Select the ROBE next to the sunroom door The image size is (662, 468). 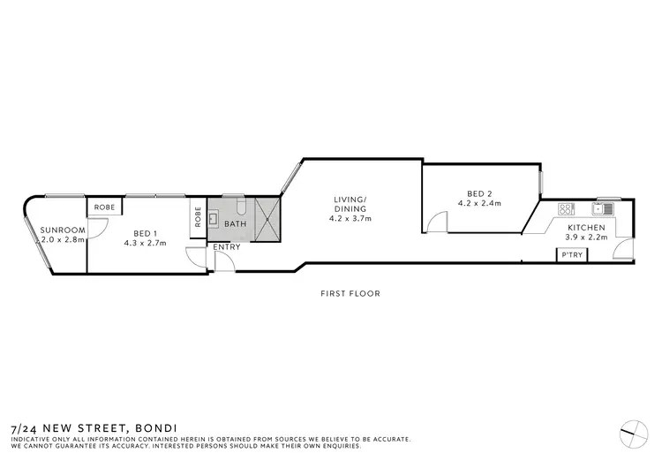(105, 207)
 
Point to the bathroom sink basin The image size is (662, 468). (215, 215)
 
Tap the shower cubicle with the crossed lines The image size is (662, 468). (266, 219)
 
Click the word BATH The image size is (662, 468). (236, 224)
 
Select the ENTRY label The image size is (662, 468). (227, 246)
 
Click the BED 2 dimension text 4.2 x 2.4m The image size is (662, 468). (478, 203)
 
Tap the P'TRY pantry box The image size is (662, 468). (569, 255)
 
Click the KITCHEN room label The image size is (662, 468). (586, 228)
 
